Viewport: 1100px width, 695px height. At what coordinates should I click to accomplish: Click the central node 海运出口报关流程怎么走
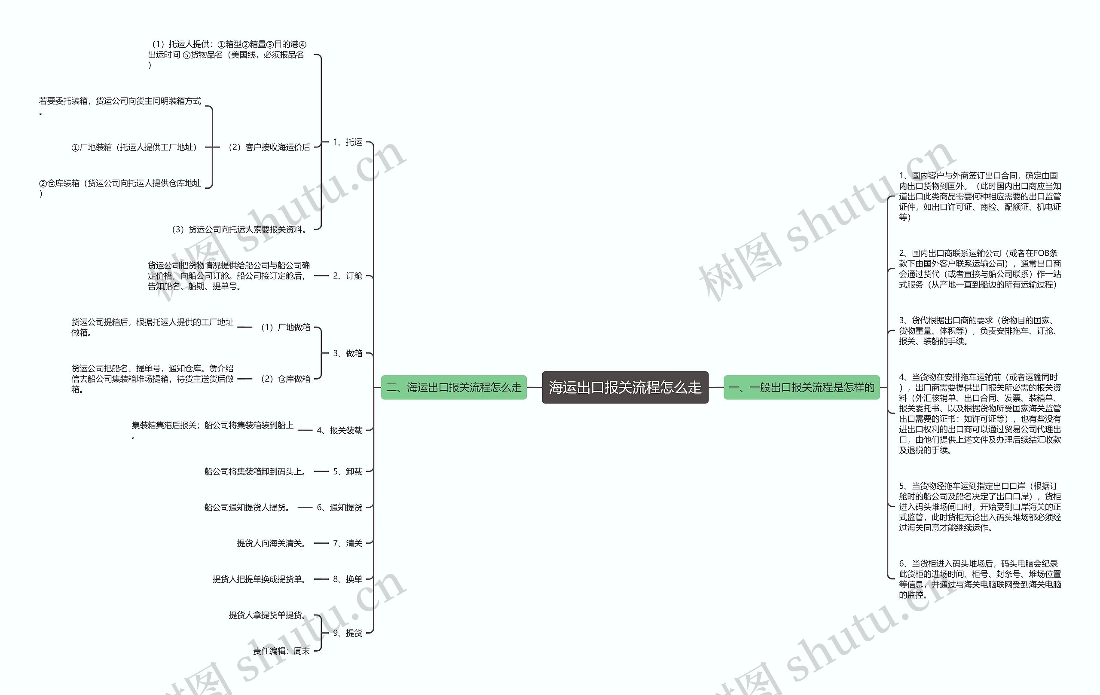[x=624, y=388]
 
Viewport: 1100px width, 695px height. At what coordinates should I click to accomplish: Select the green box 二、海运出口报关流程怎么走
[x=454, y=388]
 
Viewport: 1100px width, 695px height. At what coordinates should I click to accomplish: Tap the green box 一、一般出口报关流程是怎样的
[x=801, y=388]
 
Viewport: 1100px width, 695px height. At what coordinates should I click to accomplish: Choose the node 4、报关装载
[x=339, y=430]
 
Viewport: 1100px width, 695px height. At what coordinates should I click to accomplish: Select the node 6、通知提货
[x=339, y=507]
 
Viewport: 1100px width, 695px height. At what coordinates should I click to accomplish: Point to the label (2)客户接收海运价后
[x=269, y=147]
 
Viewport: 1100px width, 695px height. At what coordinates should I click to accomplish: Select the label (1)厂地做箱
[x=285, y=327]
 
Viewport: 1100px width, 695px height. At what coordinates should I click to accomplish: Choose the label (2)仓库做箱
[x=285, y=379]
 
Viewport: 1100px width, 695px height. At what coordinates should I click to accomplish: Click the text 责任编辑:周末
[x=281, y=651]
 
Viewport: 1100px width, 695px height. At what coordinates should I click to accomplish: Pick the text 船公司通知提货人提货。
[x=248, y=507]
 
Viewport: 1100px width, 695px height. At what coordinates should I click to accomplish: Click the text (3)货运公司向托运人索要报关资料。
[x=240, y=230]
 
